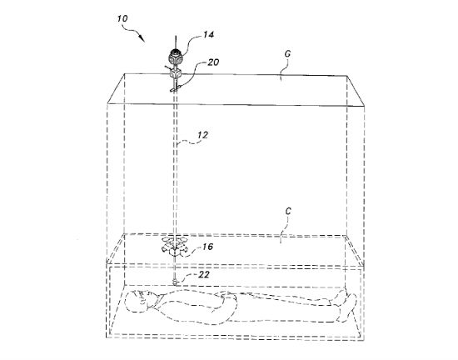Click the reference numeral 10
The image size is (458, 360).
click(122, 18)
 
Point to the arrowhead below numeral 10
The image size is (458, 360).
click(142, 38)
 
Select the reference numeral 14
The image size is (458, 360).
click(208, 34)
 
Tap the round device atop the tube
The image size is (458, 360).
click(175, 57)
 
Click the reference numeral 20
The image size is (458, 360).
click(213, 62)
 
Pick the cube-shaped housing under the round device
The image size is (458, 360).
click(175, 73)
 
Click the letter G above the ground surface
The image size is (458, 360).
click(287, 54)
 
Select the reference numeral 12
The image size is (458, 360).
click(202, 135)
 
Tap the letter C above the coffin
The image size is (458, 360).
click(288, 212)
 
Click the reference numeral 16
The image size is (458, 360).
click(207, 247)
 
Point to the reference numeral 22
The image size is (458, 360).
click(204, 275)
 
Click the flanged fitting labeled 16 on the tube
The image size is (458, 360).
click(175, 247)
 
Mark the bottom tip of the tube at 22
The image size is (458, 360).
click(175, 283)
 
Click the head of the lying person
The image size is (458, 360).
click(139, 302)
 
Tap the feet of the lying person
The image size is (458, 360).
click(347, 305)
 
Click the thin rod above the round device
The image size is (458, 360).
click(175, 42)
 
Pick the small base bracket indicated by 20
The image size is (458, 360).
click(174, 90)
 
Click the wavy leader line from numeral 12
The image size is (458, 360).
click(187, 142)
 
